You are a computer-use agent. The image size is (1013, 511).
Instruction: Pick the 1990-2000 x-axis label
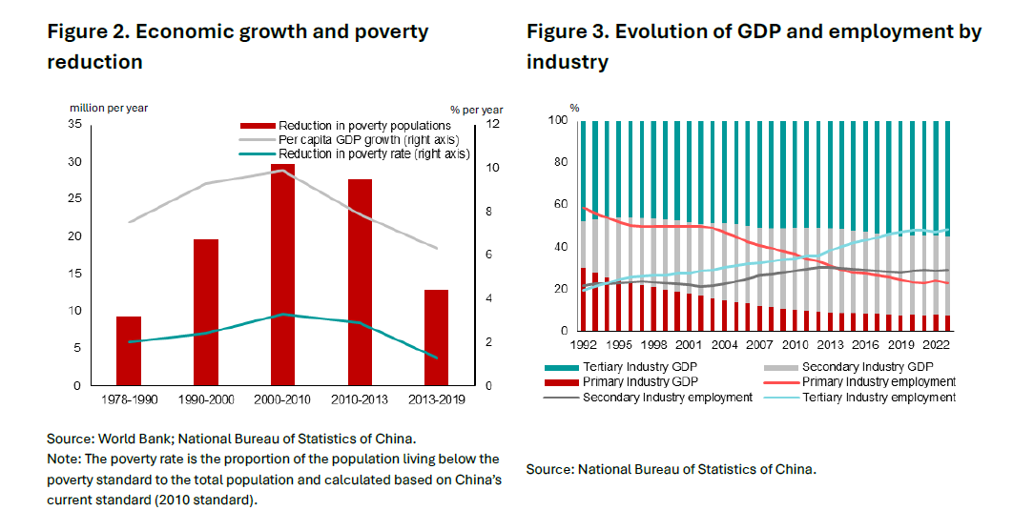tap(205, 400)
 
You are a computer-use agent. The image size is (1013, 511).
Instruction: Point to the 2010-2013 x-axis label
tap(359, 400)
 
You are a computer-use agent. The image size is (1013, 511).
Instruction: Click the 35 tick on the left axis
tap(74, 124)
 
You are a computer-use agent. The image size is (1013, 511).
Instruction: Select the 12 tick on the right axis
tap(492, 124)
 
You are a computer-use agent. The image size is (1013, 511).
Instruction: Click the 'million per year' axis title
tap(110, 108)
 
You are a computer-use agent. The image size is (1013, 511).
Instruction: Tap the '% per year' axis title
tap(477, 110)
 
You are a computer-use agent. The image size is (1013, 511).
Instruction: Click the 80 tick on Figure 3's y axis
tap(562, 163)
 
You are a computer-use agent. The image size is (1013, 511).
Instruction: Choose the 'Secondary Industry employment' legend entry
tap(668, 398)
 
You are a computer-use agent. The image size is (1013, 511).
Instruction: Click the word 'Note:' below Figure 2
tap(64, 460)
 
